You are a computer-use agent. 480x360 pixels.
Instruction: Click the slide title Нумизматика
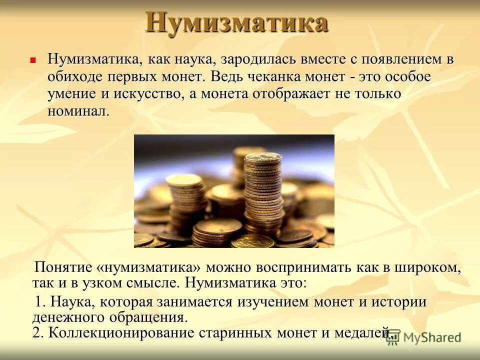point(236,23)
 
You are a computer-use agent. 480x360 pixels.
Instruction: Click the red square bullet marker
point(33,59)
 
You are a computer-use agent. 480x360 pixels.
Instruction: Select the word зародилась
point(257,60)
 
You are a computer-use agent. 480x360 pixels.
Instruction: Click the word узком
point(116,283)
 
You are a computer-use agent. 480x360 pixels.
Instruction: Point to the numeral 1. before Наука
point(41,302)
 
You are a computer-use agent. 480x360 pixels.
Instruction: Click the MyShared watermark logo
point(424,337)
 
